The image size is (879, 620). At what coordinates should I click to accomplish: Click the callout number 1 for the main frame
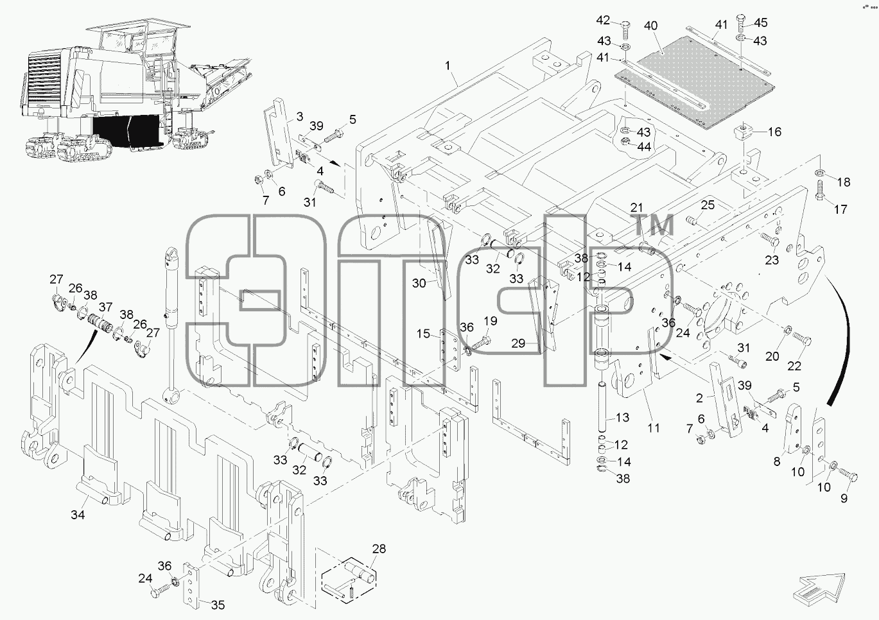point(448,65)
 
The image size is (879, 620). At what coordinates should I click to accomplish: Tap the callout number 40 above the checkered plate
point(650,26)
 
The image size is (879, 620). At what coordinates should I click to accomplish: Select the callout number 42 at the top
point(603,20)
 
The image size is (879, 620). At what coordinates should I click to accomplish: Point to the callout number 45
point(760,22)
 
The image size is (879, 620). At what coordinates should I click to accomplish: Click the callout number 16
point(774,132)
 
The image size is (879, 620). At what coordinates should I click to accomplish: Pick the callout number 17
point(840,209)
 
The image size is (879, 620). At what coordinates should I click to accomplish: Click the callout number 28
point(379,549)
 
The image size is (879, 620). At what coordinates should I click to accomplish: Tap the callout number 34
point(78,515)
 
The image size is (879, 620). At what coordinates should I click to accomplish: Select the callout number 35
point(218,605)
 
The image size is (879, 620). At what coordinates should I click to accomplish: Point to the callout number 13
point(622,417)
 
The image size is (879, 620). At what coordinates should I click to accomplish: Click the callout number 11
point(654,428)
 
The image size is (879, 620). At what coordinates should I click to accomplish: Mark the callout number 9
point(844,499)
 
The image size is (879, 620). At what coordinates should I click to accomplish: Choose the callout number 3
point(300,116)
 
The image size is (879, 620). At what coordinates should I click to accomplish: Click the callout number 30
point(419,283)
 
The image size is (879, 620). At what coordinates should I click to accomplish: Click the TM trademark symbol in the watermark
point(654,225)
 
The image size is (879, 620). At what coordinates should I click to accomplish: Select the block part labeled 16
point(744,133)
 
